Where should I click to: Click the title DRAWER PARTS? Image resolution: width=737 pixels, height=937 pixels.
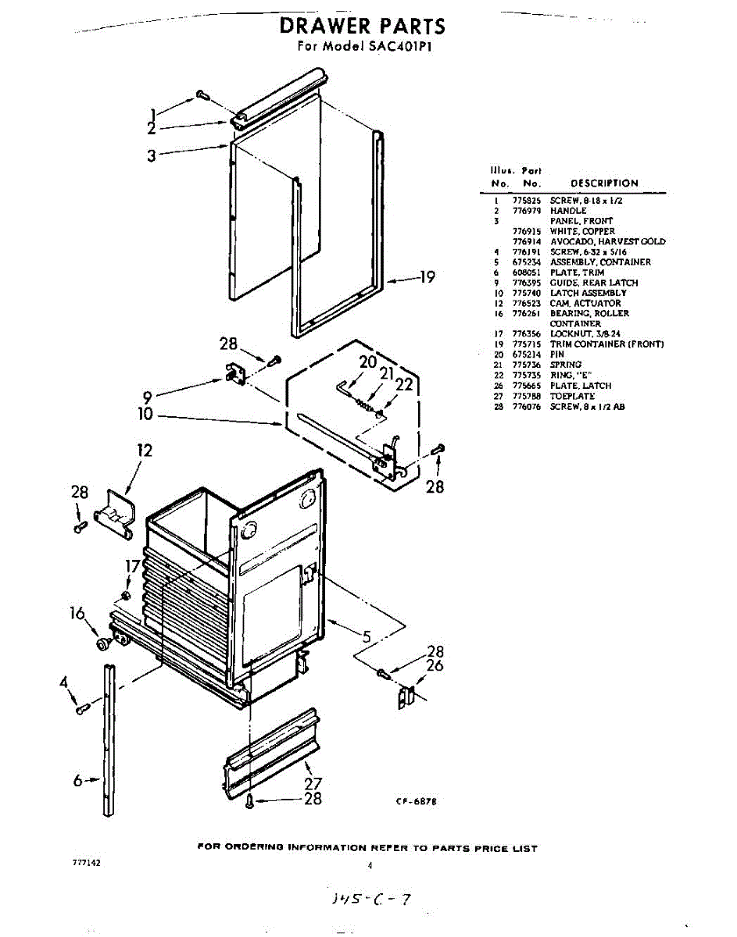(x=363, y=27)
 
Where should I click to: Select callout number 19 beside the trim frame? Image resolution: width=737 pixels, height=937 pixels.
(x=427, y=277)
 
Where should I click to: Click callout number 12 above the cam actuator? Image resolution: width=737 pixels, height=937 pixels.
(x=144, y=451)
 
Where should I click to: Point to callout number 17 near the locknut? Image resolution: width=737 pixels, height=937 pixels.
(x=134, y=566)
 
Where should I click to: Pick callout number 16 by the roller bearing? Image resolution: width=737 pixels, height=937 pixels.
(x=77, y=614)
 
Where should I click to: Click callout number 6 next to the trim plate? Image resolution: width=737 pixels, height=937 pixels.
(x=78, y=779)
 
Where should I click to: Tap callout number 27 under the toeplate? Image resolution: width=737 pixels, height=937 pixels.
(x=312, y=783)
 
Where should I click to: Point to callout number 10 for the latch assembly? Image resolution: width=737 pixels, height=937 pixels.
(x=145, y=415)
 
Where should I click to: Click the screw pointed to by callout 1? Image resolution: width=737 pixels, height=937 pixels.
(x=202, y=94)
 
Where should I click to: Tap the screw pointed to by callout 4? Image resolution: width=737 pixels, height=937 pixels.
(x=82, y=708)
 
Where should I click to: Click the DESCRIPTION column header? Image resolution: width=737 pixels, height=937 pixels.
(x=604, y=183)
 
